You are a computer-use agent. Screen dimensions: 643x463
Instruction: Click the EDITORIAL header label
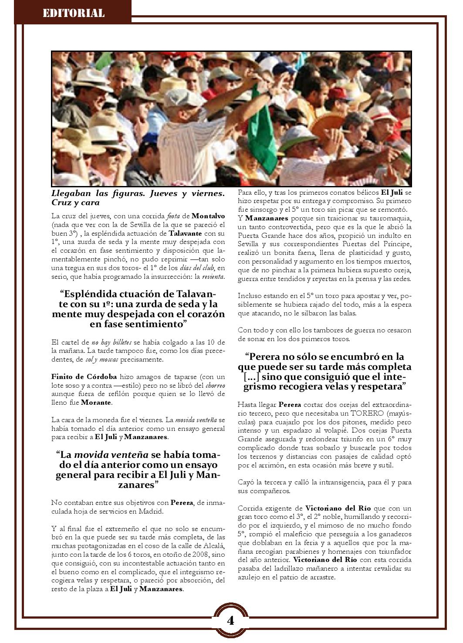tap(74, 13)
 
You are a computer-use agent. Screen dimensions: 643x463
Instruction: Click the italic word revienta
tap(213, 277)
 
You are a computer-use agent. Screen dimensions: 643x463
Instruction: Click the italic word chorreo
tap(216, 385)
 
